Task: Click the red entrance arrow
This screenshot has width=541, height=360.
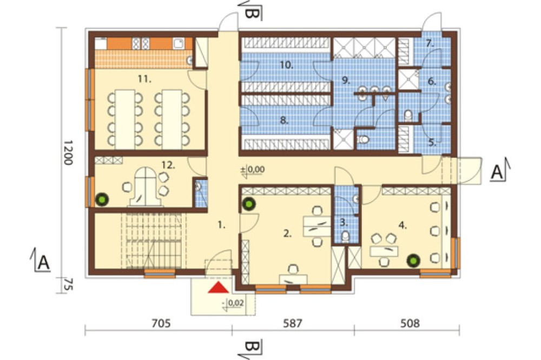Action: (x=219, y=288)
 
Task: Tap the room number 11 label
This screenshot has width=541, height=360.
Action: (x=144, y=79)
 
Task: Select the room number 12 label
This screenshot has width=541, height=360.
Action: (x=168, y=165)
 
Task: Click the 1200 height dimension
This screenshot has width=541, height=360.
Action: (x=68, y=152)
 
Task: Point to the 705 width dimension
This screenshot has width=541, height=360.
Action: (x=161, y=323)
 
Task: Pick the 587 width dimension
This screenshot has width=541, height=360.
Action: (x=293, y=323)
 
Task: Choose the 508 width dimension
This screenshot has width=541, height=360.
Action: (x=410, y=323)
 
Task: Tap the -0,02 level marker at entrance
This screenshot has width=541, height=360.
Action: (x=233, y=304)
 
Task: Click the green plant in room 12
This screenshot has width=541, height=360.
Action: (x=102, y=199)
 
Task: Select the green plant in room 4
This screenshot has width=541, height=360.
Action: (x=413, y=261)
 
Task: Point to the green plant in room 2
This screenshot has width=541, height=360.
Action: (x=248, y=204)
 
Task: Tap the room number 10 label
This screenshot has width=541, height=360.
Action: (x=286, y=65)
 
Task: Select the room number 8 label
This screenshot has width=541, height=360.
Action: (x=284, y=121)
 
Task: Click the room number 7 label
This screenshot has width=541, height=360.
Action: (x=430, y=43)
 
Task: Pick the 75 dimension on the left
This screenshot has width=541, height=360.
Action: (x=68, y=285)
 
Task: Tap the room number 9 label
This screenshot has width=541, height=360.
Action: (x=346, y=81)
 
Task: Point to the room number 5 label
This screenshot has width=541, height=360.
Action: (x=432, y=142)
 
